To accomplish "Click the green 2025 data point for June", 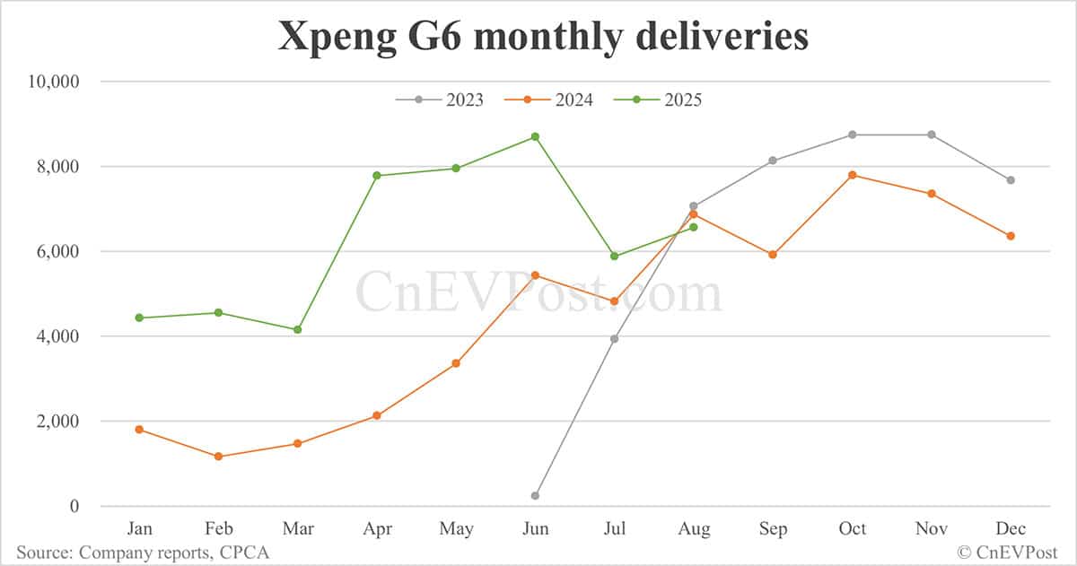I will [x=535, y=136].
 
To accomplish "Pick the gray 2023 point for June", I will [x=535, y=496].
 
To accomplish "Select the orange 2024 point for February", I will [x=218, y=457].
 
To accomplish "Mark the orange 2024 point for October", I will [x=852, y=175].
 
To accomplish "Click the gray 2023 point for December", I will [x=1011, y=180].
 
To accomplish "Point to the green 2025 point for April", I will [x=377, y=176].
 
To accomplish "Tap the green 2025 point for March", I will [x=297, y=330].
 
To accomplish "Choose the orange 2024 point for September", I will [x=773, y=255].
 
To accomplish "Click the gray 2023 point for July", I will [x=614, y=339].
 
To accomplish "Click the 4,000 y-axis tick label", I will [x=56, y=336].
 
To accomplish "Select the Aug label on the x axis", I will [x=693, y=529].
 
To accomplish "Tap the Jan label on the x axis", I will [x=139, y=529].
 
